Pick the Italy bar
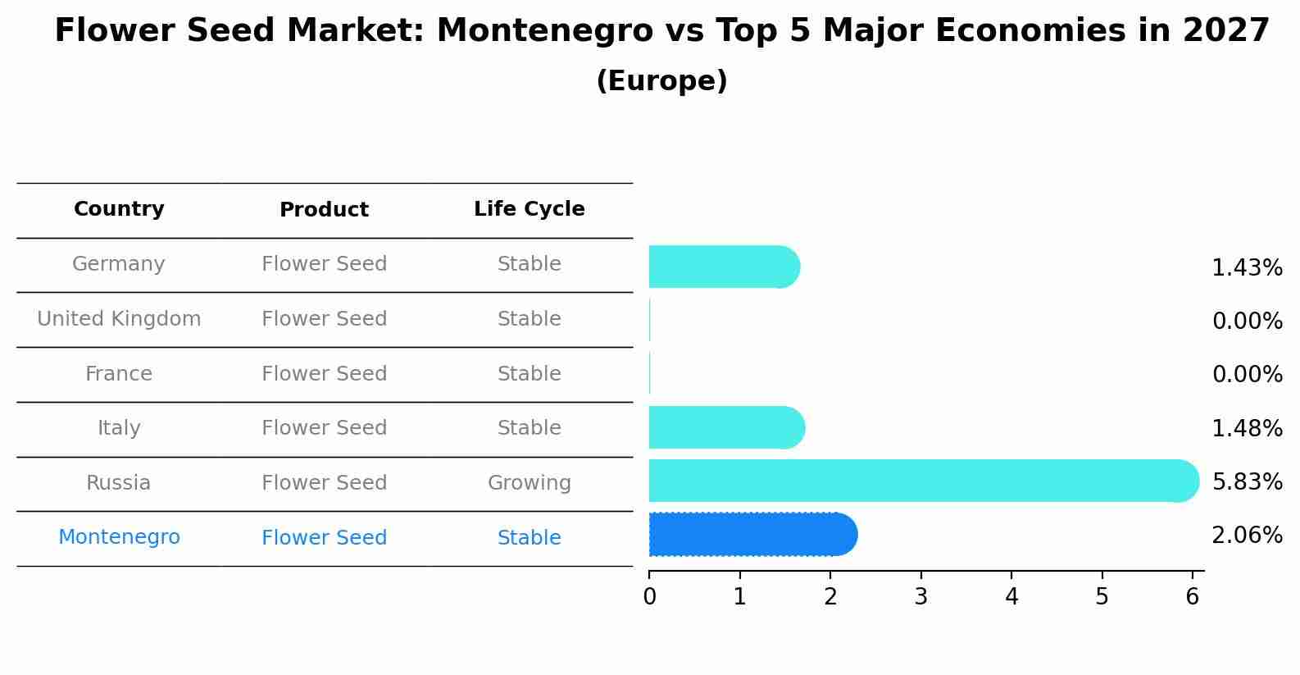(x=725, y=427)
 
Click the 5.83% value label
(x=1247, y=481)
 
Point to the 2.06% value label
(x=1247, y=536)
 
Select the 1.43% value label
(x=1247, y=268)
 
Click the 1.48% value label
(x=1247, y=428)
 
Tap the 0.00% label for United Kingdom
(x=1247, y=322)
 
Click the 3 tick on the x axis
(x=920, y=597)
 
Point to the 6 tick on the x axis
(x=1193, y=597)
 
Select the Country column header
(x=119, y=209)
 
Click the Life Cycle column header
(x=529, y=209)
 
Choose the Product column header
(x=324, y=210)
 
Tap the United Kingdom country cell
(x=119, y=319)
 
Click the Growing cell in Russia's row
(x=529, y=483)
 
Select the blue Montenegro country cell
(x=119, y=537)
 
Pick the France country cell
(x=119, y=374)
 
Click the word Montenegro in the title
(x=544, y=31)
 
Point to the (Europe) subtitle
(x=661, y=81)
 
